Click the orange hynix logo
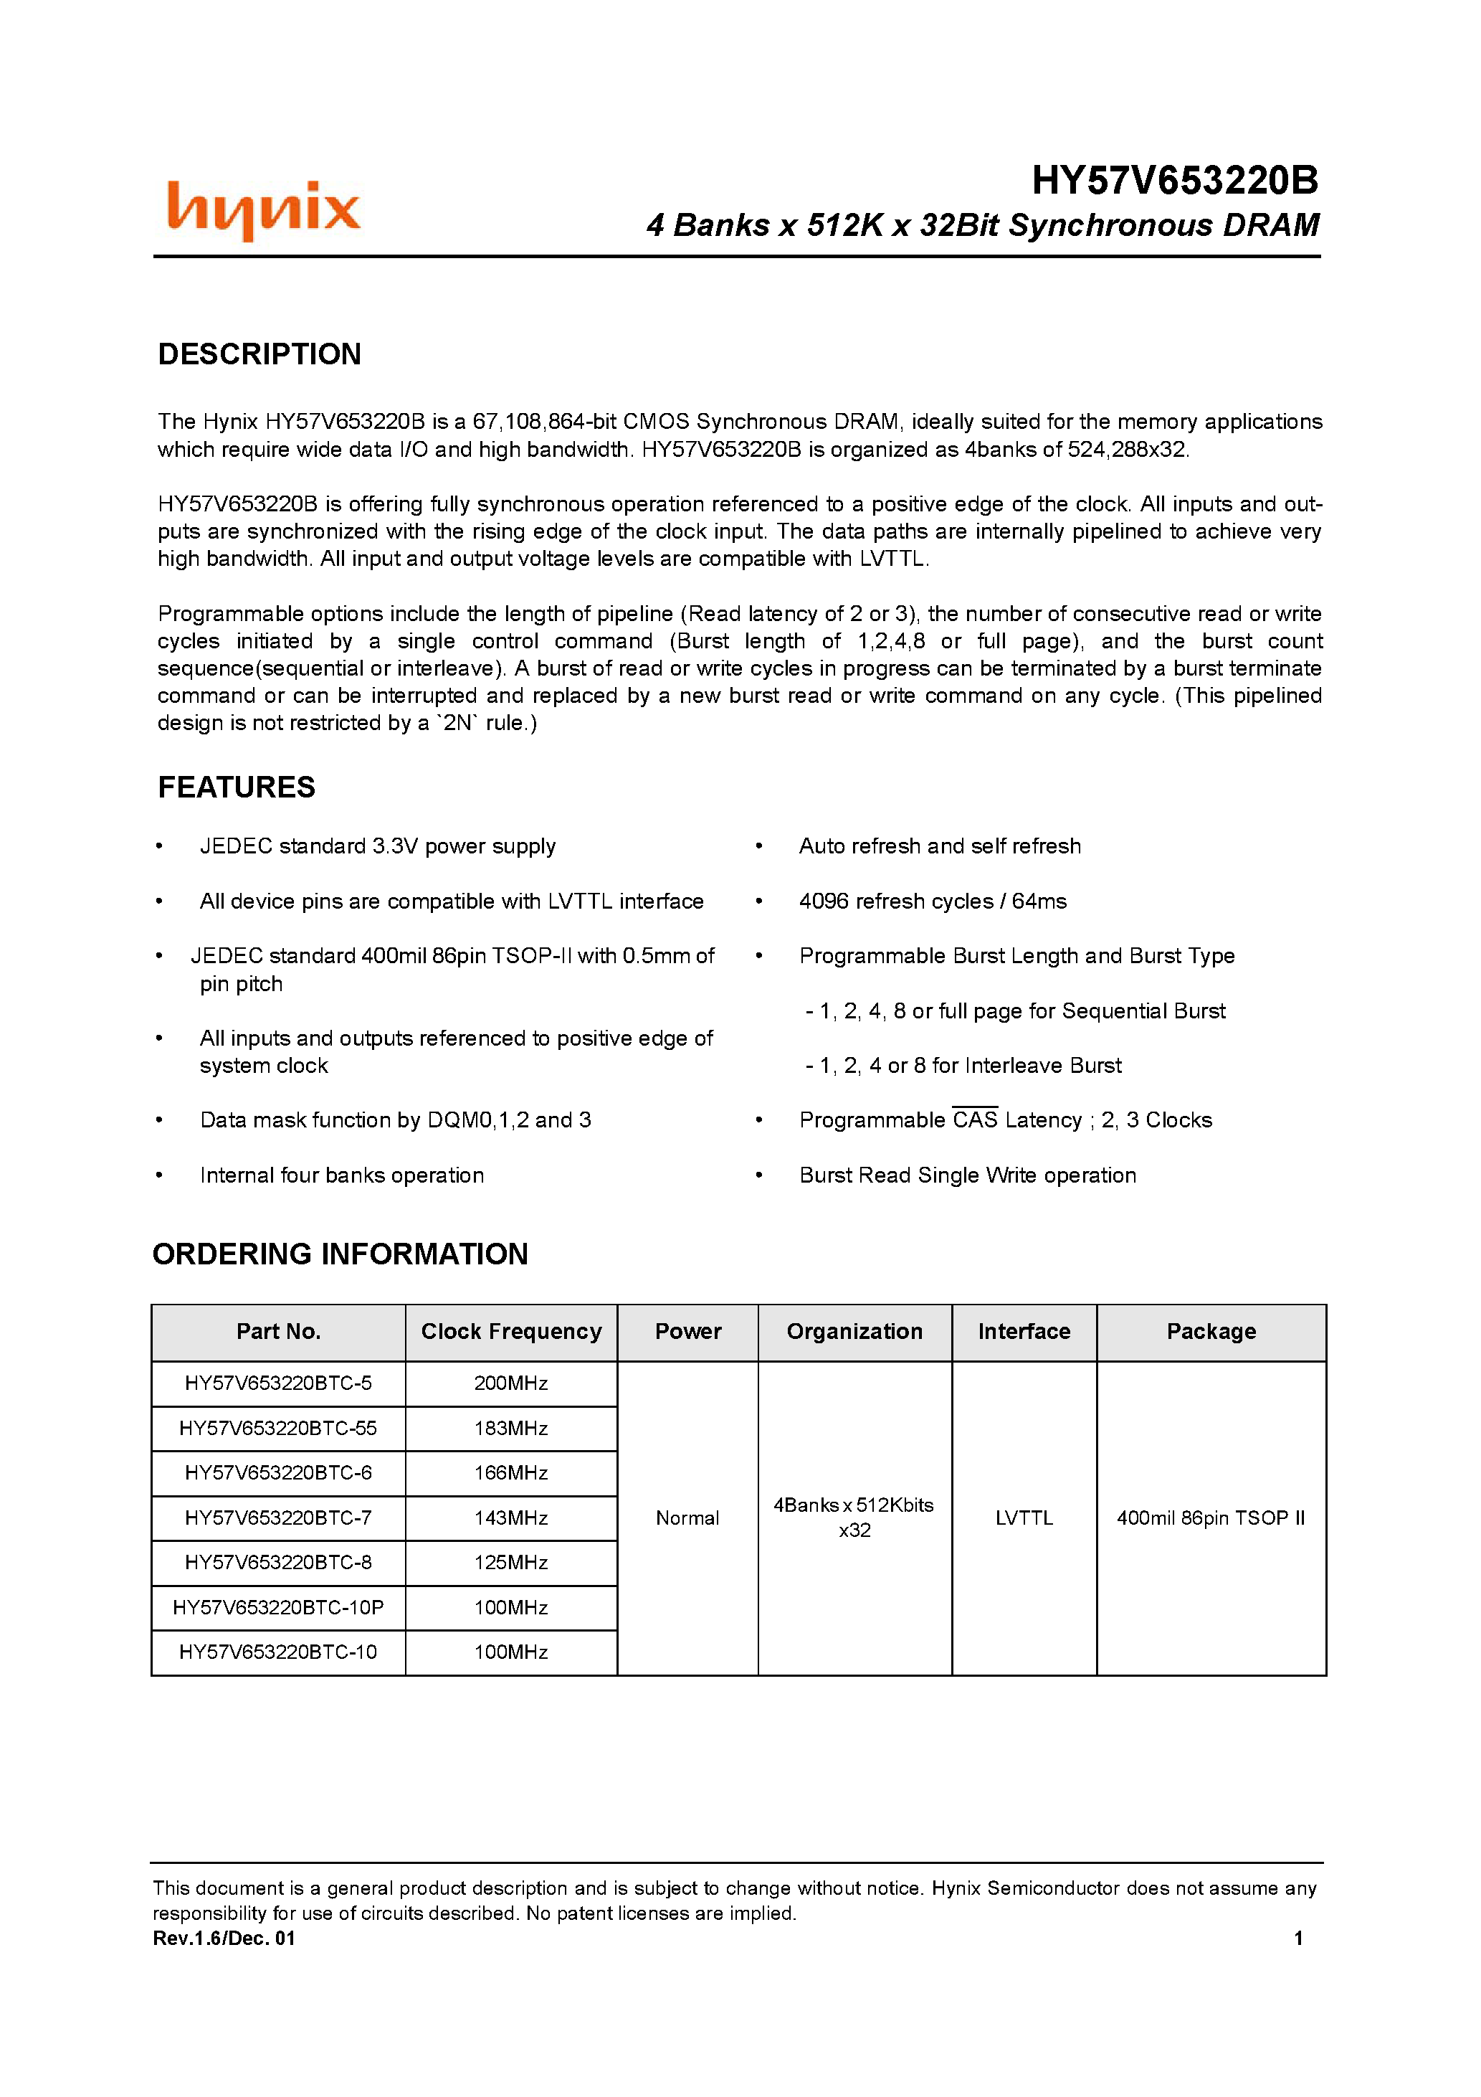264,209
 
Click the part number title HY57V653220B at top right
1174,181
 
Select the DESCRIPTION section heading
259,354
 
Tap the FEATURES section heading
237,787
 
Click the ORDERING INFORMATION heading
340,1254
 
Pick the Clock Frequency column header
510,1332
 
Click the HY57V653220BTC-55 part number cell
277,1429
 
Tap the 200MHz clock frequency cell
510,1383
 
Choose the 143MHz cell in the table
510,1518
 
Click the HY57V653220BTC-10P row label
277,1607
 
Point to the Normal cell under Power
687,1518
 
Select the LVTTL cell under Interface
1024,1518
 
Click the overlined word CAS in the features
974,1121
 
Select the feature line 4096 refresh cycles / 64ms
932,901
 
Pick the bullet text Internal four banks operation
341,1175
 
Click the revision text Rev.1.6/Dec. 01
224,1938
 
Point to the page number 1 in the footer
1297,1938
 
